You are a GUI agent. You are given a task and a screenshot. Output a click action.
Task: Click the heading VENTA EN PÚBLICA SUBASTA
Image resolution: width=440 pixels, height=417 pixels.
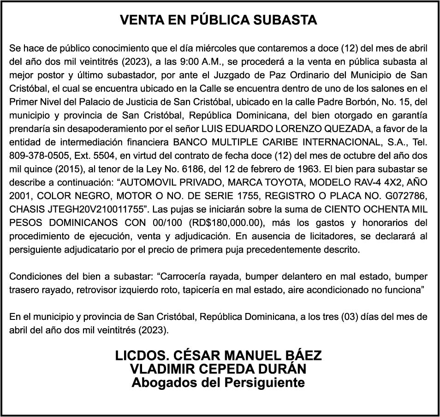click(x=219, y=20)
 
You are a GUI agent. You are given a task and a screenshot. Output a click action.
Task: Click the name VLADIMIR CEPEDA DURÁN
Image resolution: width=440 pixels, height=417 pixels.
click(x=219, y=369)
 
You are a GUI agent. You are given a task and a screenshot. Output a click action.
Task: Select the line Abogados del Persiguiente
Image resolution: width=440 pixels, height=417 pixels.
click(x=219, y=382)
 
